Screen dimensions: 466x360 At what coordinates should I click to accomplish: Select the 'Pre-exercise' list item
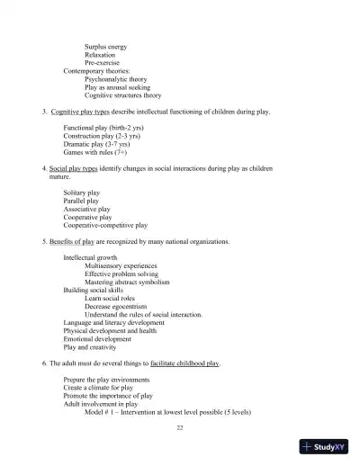[103, 62]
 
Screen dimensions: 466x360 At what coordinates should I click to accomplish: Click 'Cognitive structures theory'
[123, 94]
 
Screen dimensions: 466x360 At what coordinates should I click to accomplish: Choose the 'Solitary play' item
[82, 193]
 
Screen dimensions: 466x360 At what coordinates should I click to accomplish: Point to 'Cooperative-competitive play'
[105, 225]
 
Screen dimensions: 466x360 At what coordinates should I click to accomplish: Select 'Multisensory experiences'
[123, 265]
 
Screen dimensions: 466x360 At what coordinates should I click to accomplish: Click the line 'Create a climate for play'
[102, 387]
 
